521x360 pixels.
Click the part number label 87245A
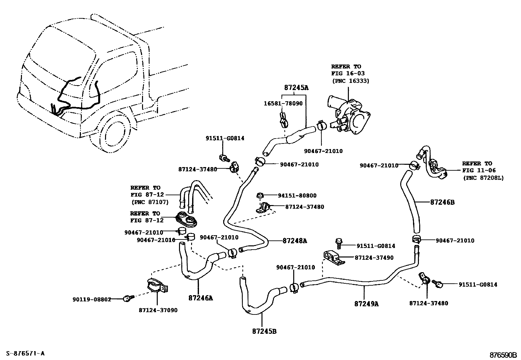pos(296,88)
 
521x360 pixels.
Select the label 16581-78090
pos(283,103)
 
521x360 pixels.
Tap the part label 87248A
pos(295,241)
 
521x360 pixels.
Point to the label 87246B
pos(442,202)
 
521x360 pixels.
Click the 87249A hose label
pos(366,304)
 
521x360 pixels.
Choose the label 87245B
pos(264,331)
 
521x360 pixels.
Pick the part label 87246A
pos(201,298)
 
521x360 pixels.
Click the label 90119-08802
pos(92,299)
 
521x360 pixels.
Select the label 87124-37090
pos(158,310)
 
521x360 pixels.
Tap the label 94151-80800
pos(297,196)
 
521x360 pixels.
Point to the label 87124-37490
pos(374,258)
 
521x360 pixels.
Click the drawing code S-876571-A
pos(25,353)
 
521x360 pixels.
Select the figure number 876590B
pos(503,355)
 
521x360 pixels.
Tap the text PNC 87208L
pos(483,178)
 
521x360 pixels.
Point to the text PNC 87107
pos(150,202)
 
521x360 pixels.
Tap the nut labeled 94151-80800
pos(260,196)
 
